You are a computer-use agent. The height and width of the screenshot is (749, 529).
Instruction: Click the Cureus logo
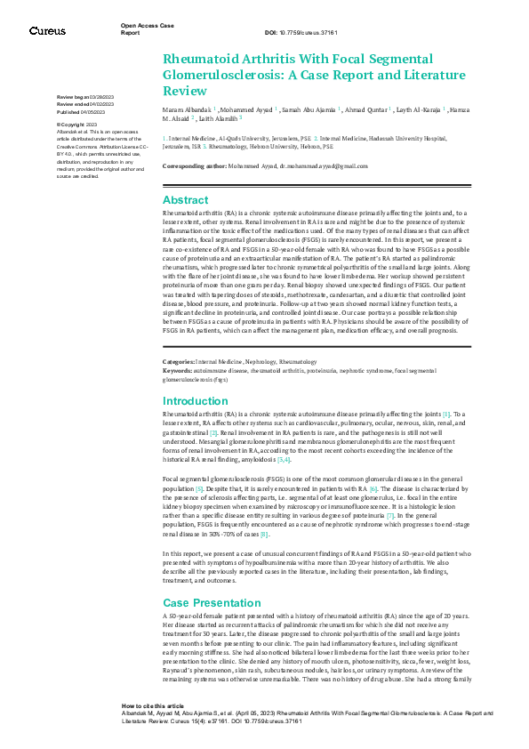47,31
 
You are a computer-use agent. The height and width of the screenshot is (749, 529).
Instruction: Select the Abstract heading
186,200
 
